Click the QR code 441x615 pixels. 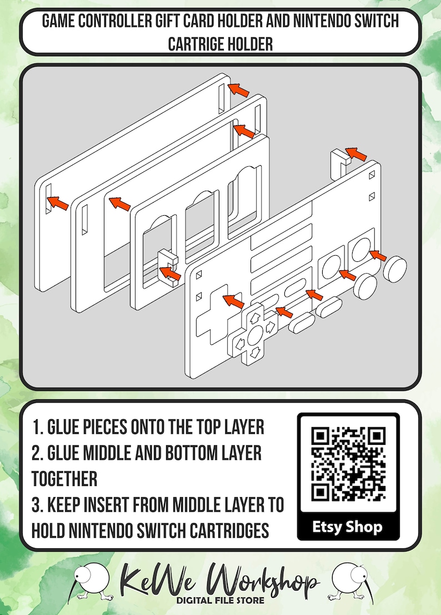click(x=348, y=464)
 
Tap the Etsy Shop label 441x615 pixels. click(x=347, y=527)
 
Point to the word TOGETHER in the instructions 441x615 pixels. click(x=64, y=479)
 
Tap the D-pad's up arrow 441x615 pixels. click(x=254, y=317)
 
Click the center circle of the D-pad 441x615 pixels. click(x=254, y=335)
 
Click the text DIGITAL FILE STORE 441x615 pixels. click(x=220, y=600)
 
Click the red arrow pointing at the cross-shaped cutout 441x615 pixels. click(x=233, y=301)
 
